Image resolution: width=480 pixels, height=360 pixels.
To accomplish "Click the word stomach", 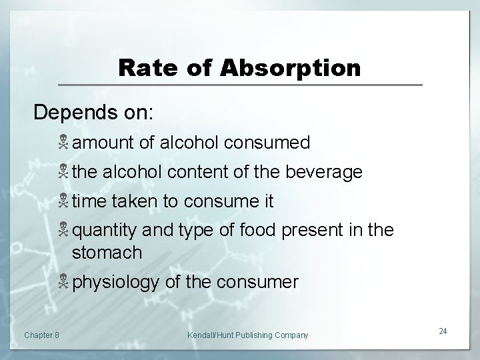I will [107, 253].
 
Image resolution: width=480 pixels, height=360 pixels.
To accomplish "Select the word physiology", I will [116, 283].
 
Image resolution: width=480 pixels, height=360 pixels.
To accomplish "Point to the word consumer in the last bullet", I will [259, 283].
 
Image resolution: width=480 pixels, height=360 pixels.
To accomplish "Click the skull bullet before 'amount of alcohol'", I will [64, 143].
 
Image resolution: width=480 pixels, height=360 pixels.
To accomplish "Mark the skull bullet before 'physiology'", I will [64, 282].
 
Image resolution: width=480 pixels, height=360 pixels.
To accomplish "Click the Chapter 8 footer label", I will [41, 334].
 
